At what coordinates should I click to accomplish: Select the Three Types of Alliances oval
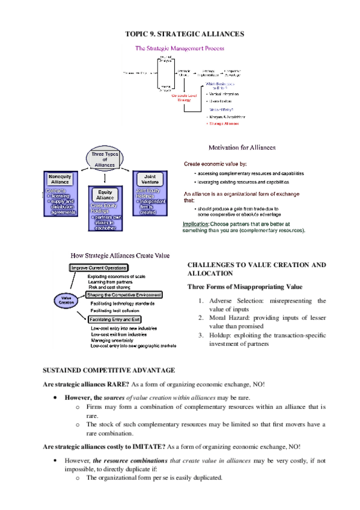click(x=105, y=159)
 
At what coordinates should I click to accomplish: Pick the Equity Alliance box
click(x=105, y=195)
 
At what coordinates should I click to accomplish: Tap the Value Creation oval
click(x=66, y=301)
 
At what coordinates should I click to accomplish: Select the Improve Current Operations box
click(x=99, y=268)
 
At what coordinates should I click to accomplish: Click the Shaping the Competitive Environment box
click(x=124, y=295)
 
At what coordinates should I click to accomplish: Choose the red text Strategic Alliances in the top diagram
click(x=224, y=123)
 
